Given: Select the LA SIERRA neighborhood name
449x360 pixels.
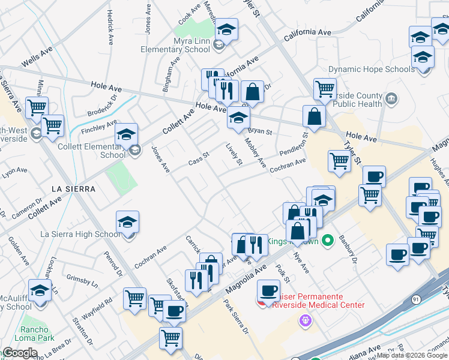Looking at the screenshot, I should (x=73, y=188).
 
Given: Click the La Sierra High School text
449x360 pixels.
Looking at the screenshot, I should (x=80, y=234).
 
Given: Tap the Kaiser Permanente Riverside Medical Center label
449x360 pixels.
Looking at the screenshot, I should (x=318, y=301).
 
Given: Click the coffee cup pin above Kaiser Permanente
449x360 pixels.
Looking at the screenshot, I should (x=268, y=291).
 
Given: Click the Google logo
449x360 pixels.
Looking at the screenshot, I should (x=20, y=353).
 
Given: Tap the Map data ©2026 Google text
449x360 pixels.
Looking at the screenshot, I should (x=412, y=355).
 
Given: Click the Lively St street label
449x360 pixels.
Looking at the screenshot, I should (x=234, y=154).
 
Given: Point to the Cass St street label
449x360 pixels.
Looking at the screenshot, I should (x=198, y=159).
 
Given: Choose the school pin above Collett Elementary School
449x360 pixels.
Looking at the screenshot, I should (x=127, y=134).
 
